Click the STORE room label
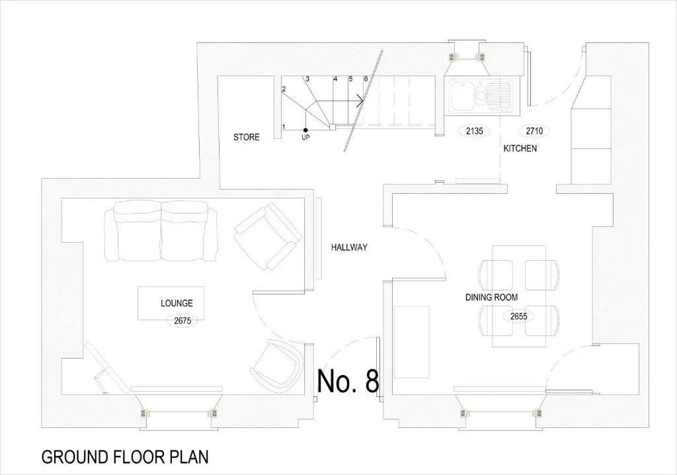(247, 138)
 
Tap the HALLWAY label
(349, 247)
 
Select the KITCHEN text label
(520, 148)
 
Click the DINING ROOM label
(491, 297)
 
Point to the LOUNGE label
(177, 304)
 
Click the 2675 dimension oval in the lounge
(182, 321)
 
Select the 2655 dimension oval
(519, 317)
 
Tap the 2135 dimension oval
(474, 131)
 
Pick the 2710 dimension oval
(534, 130)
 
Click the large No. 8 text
(348, 381)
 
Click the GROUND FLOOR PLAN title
(125, 457)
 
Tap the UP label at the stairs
(305, 138)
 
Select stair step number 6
(366, 79)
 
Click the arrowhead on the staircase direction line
(360, 101)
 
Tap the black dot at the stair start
(305, 130)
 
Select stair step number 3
(307, 79)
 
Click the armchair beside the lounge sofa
(268, 236)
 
